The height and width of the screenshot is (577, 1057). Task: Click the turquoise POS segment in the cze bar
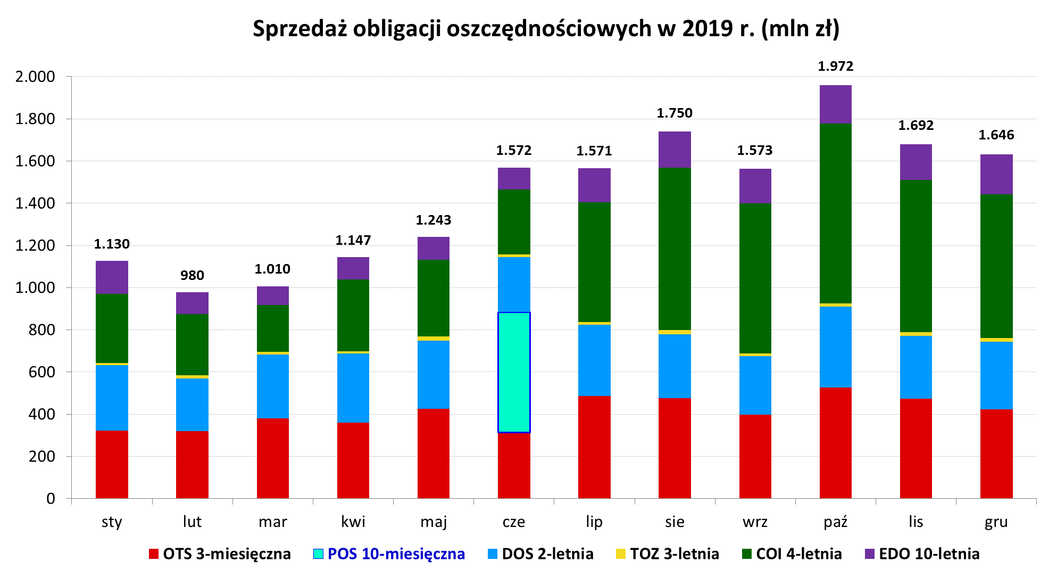[x=514, y=372]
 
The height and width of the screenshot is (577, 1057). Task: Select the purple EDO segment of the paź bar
[x=835, y=104]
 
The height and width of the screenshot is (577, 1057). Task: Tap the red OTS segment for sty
[x=112, y=464]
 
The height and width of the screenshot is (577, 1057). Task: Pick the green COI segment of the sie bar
[x=675, y=249]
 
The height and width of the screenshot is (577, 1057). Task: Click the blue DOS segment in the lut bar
[x=192, y=405]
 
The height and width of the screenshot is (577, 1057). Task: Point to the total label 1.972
[x=835, y=66]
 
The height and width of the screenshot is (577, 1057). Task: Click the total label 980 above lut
[x=192, y=275]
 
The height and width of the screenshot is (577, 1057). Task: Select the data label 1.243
[x=433, y=220]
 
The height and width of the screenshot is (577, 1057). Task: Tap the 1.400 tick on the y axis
[x=35, y=203]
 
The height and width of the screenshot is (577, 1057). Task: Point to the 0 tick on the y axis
[x=51, y=499]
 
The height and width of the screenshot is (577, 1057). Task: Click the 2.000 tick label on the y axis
[x=35, y=77]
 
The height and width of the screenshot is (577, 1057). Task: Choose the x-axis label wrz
[x=755, y=522]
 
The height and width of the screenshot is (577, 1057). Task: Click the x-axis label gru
[x=996, y=522]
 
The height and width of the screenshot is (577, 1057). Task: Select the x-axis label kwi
[x=353, y=522]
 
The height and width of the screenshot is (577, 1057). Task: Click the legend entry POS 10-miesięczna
[x=396, y=554]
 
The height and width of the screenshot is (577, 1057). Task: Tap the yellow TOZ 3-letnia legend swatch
[x=620, y=554]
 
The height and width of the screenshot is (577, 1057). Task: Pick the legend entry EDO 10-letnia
[x=929, y=554]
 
